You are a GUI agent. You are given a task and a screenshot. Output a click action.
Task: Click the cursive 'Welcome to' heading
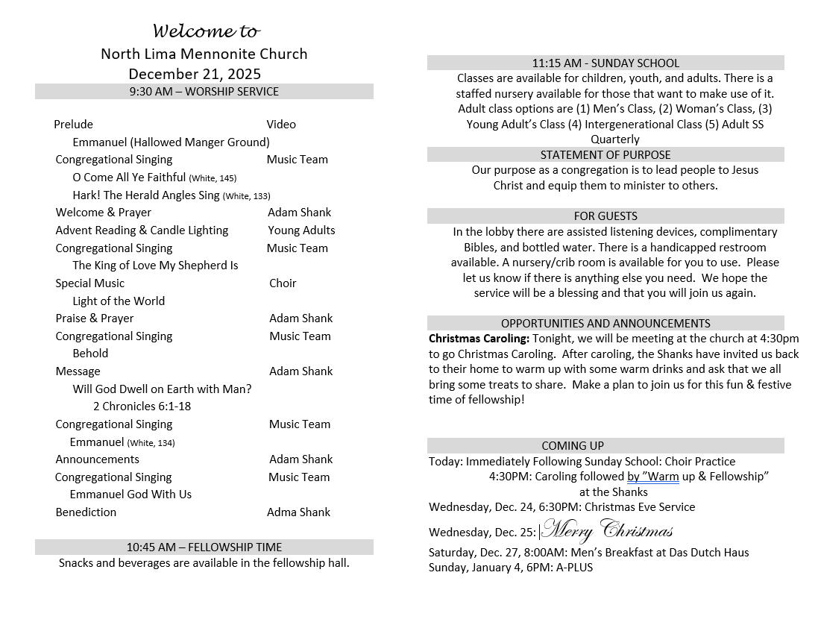pyautogui.click(x=207, y=31)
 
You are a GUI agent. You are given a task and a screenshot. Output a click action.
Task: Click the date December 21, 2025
pyautogui.click(x=195, y=74)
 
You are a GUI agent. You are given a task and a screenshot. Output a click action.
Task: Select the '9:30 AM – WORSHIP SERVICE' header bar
pyautogui.click(x=204, y=92)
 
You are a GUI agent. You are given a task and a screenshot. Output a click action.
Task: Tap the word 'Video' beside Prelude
pyautogui.click(x=281, y=125)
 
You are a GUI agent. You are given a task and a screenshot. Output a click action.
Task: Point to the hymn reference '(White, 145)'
pyautogui.click(x=213, y=178)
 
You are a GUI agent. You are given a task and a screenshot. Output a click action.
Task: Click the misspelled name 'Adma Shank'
pyautogui.click(x=298, y=512)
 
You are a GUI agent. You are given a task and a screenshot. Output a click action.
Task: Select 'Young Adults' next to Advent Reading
pyautogui.click(x=301, y=230)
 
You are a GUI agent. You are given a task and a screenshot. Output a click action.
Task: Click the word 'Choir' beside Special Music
pyautogui.click(x=283, y=283)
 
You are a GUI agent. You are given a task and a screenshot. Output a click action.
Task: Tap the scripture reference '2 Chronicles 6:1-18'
pyautogui.click(x=142, y=406)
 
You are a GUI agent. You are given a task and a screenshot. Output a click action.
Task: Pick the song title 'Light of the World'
pyautogui.click(x=119, y=301)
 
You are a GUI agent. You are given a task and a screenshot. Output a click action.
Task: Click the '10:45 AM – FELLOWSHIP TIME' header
pyautogui.click(x=204, y=547)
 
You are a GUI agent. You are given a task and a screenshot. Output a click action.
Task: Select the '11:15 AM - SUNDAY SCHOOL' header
pyautogui.click(x=605, y=63)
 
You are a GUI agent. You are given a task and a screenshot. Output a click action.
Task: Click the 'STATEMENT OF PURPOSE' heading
pyautogui.click(x=605, y=155)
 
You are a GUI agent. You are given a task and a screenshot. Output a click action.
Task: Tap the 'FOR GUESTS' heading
pyautogui.click(x=605, y=216)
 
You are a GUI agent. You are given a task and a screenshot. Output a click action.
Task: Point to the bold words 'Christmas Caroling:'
pyautogui.click(x=479, y=339)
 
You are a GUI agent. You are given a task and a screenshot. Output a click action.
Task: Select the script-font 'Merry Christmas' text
pyautogui.click(x=607, y=531)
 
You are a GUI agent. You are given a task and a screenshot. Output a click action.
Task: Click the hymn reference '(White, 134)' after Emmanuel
pyautogui.click(x=151, y=443)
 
